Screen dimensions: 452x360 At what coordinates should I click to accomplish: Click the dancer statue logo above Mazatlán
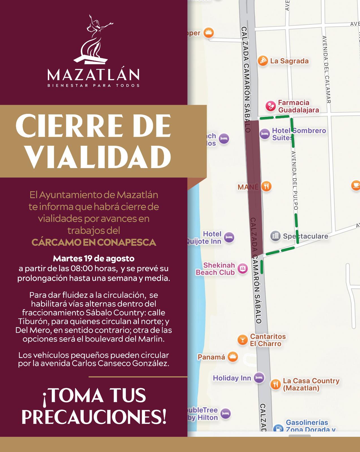coord(93,40)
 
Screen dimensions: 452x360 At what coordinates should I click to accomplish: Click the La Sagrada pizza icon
coord(263,61)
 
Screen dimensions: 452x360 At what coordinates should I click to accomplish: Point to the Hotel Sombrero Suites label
coord(299,134)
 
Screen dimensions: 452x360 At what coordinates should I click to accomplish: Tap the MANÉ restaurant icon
coord(266,186)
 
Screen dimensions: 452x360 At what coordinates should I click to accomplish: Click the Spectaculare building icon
coord(275,236)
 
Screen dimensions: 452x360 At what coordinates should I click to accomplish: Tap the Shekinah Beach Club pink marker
coord(242,268)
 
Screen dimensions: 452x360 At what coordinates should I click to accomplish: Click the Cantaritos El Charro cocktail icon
coord(242,340)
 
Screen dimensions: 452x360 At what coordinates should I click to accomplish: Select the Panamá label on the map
coord(211,357)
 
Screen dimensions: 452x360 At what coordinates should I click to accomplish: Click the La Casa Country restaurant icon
coord(275,384)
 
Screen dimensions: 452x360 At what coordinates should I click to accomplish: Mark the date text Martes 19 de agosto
coord(94,258)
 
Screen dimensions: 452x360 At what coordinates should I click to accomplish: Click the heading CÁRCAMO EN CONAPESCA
coord(94,242)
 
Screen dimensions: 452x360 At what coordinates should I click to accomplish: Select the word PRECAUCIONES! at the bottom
coord(94,417)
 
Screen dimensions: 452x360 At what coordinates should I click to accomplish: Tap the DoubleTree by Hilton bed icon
coord(225,414)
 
